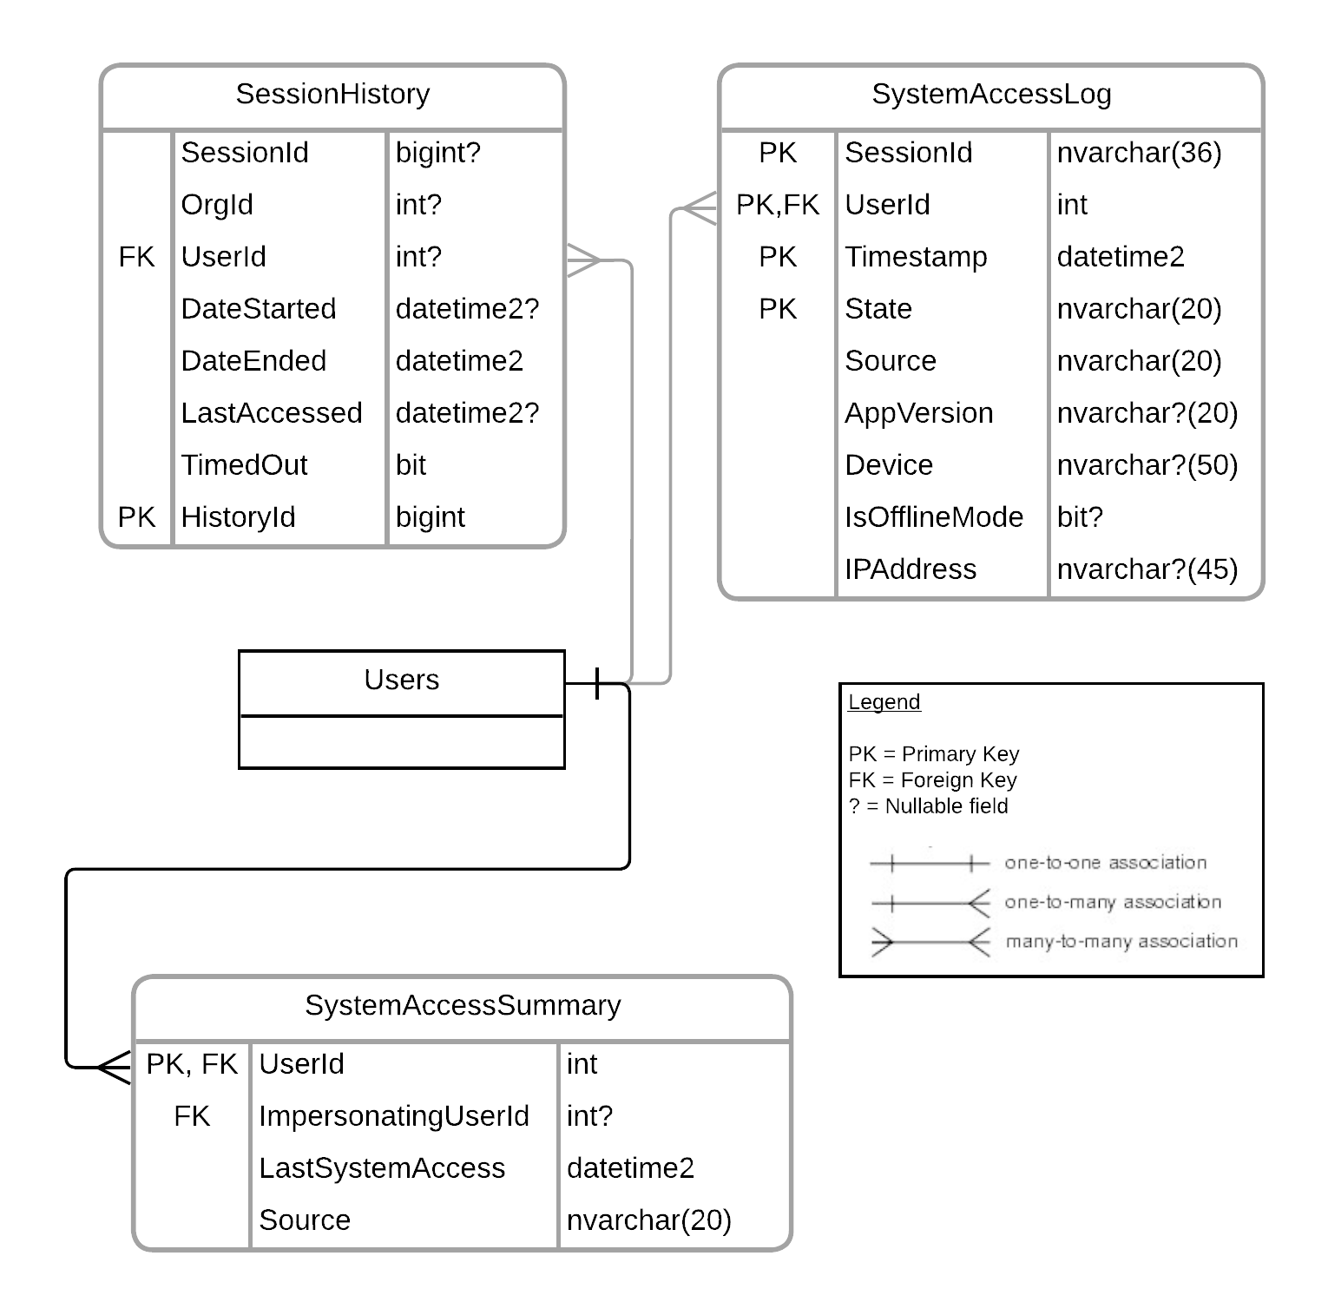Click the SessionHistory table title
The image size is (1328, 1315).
332,94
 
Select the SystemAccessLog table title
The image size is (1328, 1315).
991,94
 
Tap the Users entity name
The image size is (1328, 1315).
401,680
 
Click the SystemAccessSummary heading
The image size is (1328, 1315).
463,1005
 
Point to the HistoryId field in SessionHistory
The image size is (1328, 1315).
238,517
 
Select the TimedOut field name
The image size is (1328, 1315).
244,465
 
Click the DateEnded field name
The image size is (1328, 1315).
253,361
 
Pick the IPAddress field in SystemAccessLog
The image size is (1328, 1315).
911,569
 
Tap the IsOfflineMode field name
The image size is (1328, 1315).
934,517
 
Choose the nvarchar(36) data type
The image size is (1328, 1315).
1139,153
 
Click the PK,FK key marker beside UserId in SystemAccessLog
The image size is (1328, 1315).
778,205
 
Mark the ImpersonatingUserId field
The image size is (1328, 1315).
394,1116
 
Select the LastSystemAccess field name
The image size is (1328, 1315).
382,1168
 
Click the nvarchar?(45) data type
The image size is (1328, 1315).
1147,569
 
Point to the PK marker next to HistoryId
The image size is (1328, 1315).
136,517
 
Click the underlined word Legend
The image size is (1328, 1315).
884,702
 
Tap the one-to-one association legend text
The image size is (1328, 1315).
1105,863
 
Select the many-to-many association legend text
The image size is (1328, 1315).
1121,942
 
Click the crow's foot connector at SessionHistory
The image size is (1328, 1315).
584,260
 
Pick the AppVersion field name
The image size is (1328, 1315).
919,413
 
